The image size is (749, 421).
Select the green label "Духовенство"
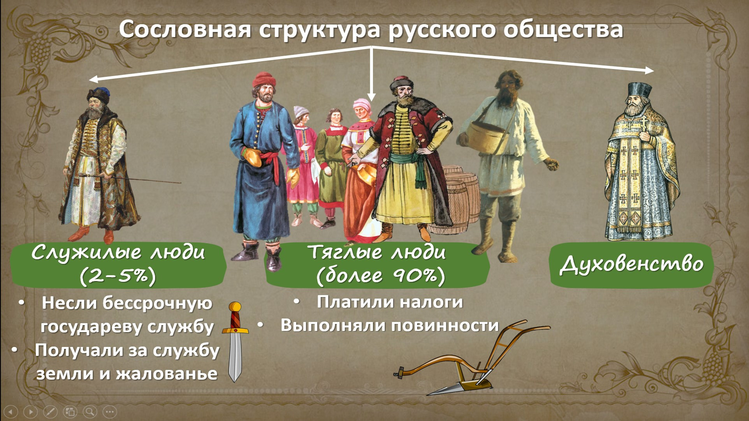click(631, 265)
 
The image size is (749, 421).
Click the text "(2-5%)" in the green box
click(118, 276)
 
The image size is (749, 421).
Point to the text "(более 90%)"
click(380, 276)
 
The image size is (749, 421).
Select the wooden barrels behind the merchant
click(459, 199)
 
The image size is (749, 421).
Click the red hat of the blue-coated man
click(264, 79)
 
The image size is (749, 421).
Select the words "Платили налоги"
click(390, 302)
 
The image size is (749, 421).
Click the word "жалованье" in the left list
click(167, 373)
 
